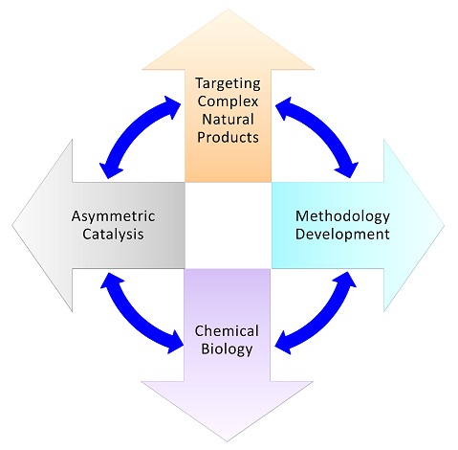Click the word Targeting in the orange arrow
pos(228,84)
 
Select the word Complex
pos(228,101)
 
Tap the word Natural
pos(228,120)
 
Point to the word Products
pos(228,137)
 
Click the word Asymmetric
pos(113,217)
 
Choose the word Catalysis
pos(113,234)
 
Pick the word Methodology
pos(342,217)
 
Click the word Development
pos(342,235)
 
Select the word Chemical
pos(227,331)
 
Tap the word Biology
pos(227,349)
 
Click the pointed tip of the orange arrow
pos(228,10)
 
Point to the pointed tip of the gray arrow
pos(12,226)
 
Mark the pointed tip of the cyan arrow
pos(445,226)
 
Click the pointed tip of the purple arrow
pos(228,441)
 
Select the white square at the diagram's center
pos(229,225)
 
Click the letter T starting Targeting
pos(200,83)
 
